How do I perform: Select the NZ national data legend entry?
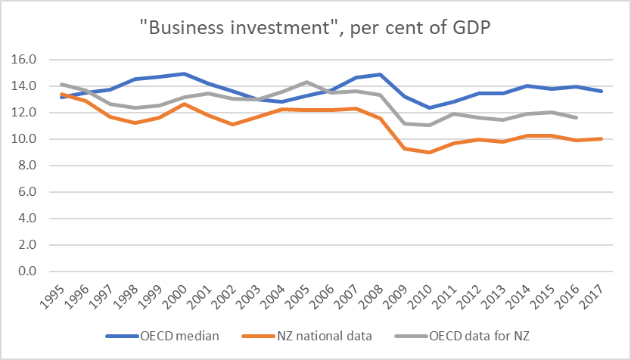pos(325,337)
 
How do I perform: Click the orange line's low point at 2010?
pos(429,152)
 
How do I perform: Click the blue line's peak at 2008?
pos(378,74)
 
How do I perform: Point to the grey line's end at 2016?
pos(578,117)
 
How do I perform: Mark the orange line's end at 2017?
pos(602,138)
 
